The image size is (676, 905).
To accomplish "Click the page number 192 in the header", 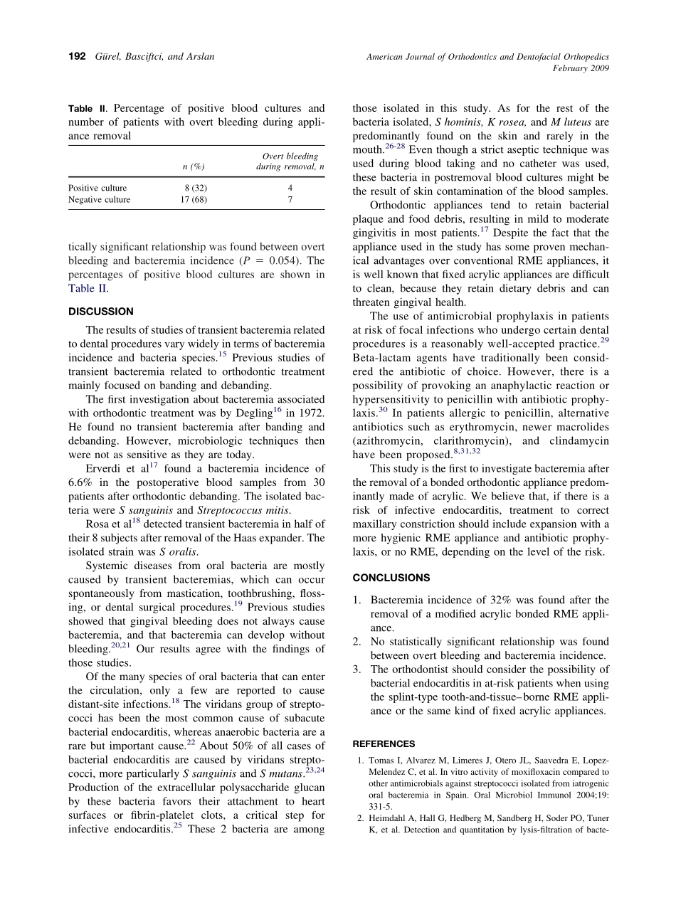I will point(77,56).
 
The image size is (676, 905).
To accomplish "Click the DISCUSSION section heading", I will point(100,312).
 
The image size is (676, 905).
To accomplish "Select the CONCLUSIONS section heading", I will point(391,578).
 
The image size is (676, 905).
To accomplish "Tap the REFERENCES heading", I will point(384,744).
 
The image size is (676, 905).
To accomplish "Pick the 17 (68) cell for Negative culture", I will point(194,200).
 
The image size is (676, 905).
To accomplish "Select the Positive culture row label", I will point(97,188).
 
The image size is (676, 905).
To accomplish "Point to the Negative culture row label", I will point(100,200).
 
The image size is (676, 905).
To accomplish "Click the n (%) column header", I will point(194,166).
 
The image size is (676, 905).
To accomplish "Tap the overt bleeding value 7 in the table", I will point(290,200).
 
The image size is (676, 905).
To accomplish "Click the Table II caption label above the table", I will point(87,109).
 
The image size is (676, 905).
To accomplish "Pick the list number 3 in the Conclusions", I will point(357,670).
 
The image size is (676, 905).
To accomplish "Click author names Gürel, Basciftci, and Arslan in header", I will point(154,56).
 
